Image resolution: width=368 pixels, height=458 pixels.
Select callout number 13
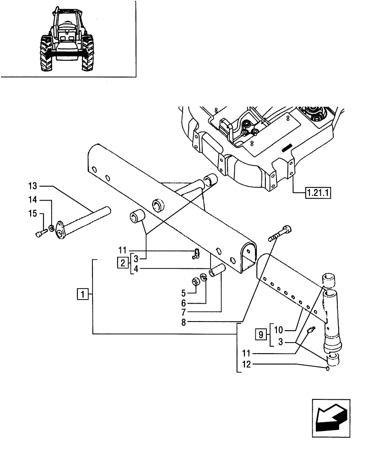click(x=32, y=186)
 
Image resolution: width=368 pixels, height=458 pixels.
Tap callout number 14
click(x=32, y=200)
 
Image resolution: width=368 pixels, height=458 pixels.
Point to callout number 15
click(x=32, y=213)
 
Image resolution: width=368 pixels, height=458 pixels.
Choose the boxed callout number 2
click(x=122, y=263)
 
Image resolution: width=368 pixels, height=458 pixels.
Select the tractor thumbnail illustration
click(x=68, y=40)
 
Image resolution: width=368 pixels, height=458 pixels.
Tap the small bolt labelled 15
click(x=39, y=234)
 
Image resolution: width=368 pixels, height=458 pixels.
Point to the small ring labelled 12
click(x=327, y=369)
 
